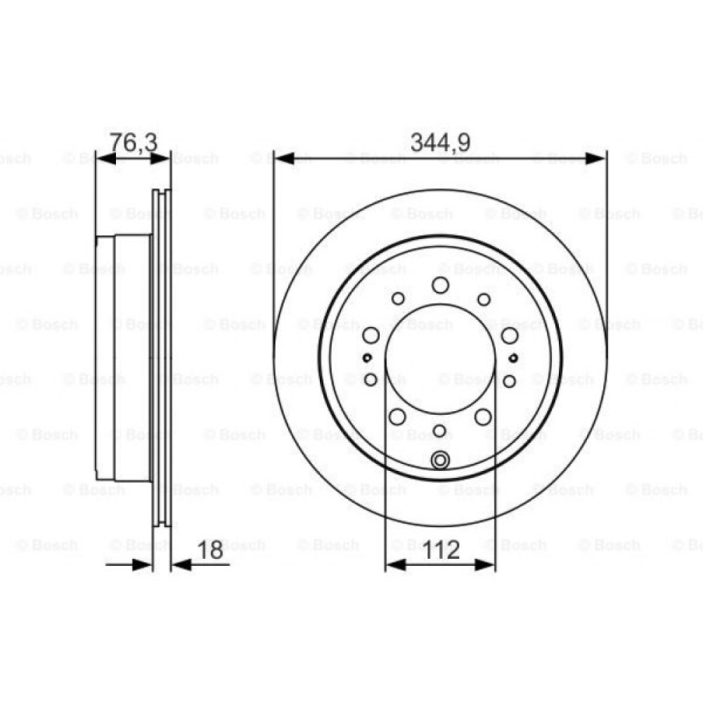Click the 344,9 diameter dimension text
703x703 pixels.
pos(440,143)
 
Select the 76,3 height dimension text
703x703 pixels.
pos(134,143)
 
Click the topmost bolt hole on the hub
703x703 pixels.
pos(441,285)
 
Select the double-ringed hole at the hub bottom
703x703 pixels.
pos(441,461)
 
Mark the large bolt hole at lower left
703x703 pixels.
pos(397,417)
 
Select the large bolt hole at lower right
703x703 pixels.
pos(483,417)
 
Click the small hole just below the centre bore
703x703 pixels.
pos(440,431)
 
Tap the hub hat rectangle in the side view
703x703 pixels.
pos(123,359)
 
